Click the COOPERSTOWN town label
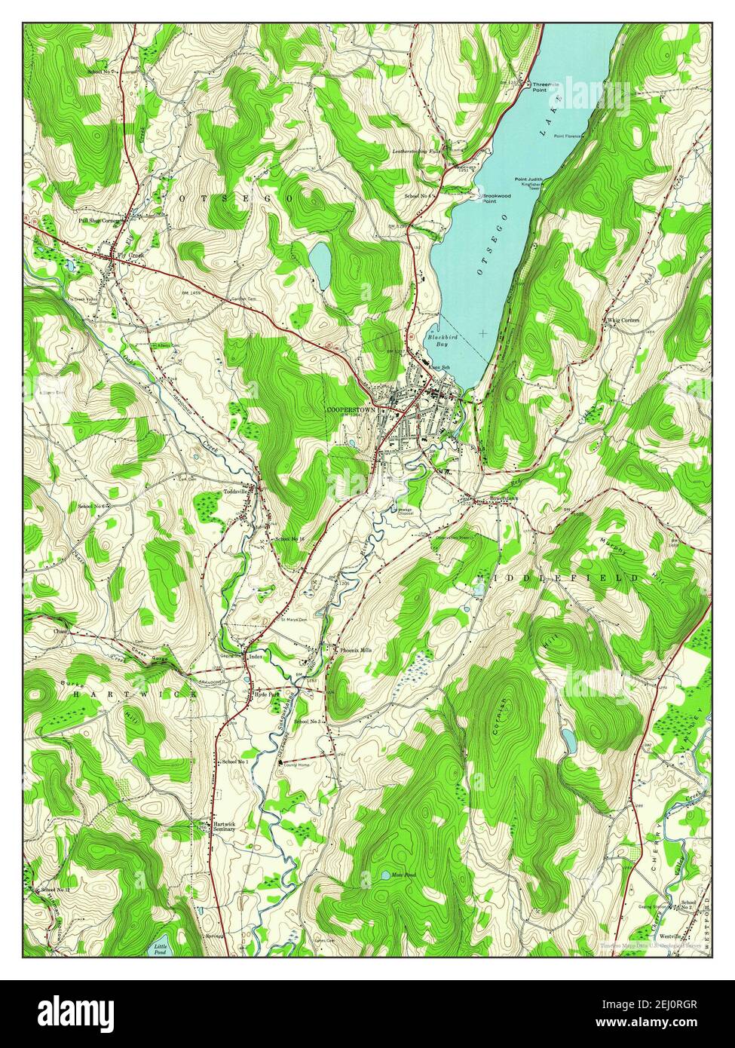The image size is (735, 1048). click(351, 409)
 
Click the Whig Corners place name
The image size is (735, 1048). click(623, 320)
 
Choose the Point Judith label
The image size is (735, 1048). click(528, 179)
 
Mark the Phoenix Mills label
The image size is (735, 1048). click(356, 649)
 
